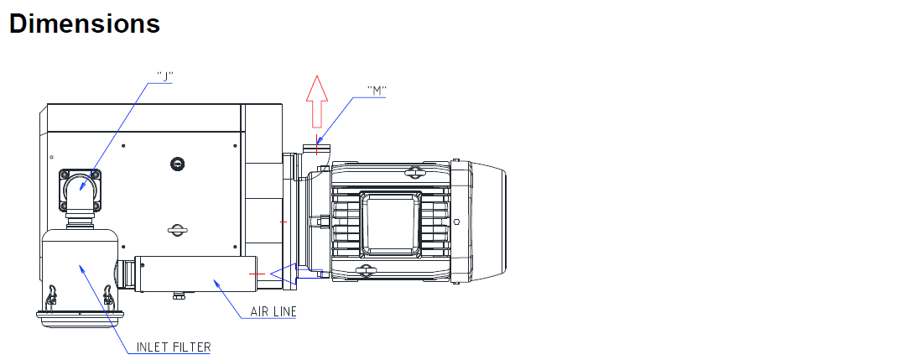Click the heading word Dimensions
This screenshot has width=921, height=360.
85,23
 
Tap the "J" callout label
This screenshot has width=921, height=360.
165,76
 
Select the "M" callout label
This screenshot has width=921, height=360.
377,90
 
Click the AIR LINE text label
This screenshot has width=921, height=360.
273,311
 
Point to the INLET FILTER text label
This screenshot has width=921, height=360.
174,347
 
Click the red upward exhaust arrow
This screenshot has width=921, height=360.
316,101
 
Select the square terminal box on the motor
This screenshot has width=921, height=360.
391,222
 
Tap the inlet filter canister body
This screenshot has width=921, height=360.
81,270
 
